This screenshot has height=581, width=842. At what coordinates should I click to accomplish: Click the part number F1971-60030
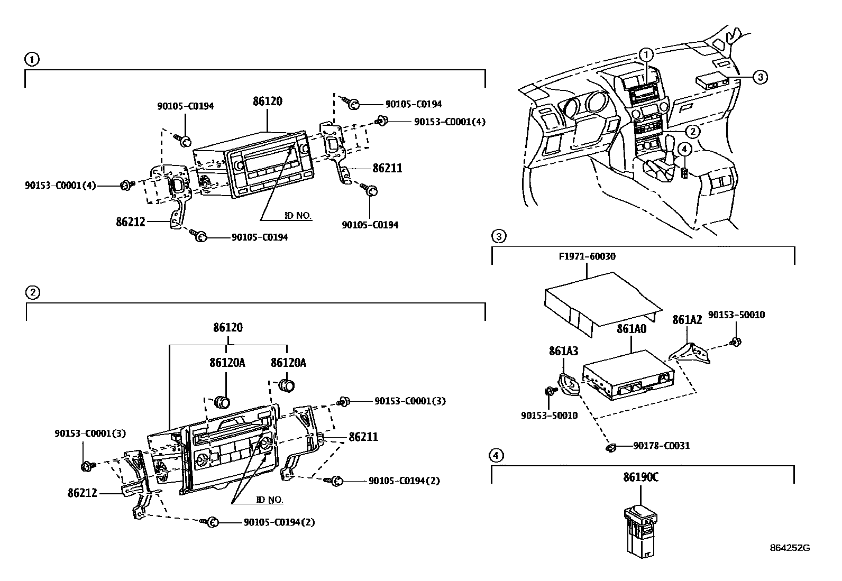(587, 257)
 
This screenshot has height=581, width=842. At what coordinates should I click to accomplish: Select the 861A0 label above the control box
(631, 329)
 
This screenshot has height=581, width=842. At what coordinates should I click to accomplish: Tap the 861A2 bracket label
(687, 320)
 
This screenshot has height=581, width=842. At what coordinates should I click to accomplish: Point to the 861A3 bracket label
(563, 351)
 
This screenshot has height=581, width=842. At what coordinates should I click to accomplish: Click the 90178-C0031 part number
(661, 446)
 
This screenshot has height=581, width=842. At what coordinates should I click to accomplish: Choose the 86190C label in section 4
(640, 478)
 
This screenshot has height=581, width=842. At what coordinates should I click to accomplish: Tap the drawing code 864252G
(790, 548)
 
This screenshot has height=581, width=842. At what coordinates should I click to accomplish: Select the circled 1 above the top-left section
(32, 59)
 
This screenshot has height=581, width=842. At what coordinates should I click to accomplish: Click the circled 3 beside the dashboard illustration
(759, 77)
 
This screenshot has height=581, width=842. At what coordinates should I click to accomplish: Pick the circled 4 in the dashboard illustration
(684, 150)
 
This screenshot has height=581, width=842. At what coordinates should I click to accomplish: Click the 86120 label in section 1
(268, 102)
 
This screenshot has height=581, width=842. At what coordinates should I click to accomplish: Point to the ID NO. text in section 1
(298, 216)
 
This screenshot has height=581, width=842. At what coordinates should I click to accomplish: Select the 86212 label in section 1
(130, 222)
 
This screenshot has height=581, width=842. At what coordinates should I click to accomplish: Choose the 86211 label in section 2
(363, 437)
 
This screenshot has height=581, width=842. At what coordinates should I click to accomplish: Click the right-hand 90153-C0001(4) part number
(450, 122)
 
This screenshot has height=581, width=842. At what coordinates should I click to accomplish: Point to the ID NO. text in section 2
(270, 500)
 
